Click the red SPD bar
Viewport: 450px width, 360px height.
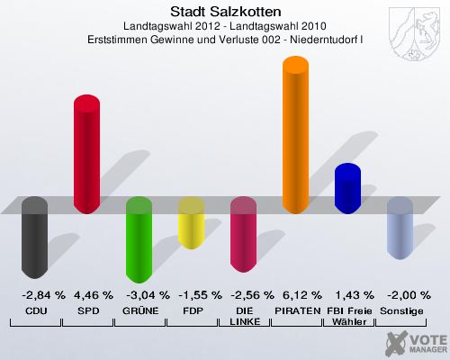pyautogui.click(x=86, y=154)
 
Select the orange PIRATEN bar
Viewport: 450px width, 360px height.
pyautogui.click(x=296, y=135)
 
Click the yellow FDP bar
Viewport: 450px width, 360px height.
pyautogui.click(x=191, y=223)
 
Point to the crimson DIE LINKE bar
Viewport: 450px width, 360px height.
pyautogui.click(x=244, y=235)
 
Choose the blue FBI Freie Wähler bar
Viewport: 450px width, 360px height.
pyautogui.click(x=347, y=188)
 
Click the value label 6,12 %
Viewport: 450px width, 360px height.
pyautogui.click(x=295, y=295)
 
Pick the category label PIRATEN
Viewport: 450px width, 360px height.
pyautogui.click(x=295, y=310)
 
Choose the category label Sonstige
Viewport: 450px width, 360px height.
pyautogui.click(x=400, y=310)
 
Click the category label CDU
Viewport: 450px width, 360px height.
pyautogui.click(x=35, y=310)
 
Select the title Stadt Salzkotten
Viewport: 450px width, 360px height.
pyautogui.click(x=225, y=12)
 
